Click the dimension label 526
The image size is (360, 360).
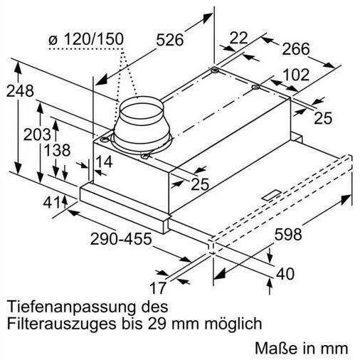[170, 40]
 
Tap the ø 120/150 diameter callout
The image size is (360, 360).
[86, 39]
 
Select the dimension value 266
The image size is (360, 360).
[296, 49]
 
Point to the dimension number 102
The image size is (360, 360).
[297, 75]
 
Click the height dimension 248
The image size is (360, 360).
[20, 91]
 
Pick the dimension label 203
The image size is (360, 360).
[37, 134]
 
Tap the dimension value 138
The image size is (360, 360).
[57, 150]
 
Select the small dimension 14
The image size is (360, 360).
[104, 162]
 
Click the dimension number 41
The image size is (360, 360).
[51, 202]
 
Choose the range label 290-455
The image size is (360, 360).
[121, 238]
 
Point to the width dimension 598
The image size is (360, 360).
[288, 235]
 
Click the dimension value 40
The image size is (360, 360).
[285, 274]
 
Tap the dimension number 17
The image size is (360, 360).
[158, 288]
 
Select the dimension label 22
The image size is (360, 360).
[238, 38]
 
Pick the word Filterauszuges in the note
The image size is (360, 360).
[62, 324]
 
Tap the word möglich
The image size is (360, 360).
[233, 323]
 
